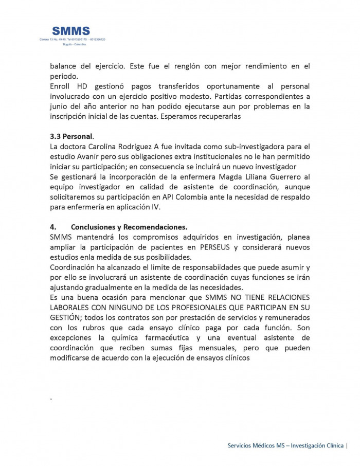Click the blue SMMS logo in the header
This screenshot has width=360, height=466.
point(71,31)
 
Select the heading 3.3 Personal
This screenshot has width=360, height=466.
point(71,136)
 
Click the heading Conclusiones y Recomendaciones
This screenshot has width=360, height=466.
point(129,227)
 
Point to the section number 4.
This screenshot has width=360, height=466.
point(53,227)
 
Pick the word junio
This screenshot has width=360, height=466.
point(60,106)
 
